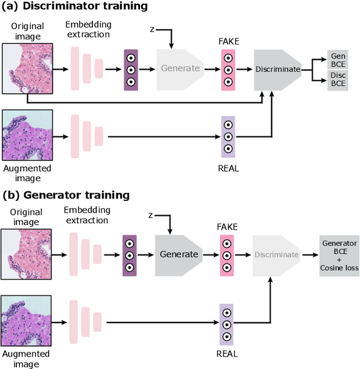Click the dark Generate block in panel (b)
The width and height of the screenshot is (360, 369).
coord(179,254)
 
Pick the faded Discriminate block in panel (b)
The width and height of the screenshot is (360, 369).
coord(276,254)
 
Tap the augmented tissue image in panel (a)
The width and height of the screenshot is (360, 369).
coord(27,136)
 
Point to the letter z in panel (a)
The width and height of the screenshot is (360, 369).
coord(151,28)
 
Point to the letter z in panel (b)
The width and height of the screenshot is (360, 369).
coord(150,215)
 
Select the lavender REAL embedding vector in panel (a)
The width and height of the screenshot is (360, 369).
coord(228,137)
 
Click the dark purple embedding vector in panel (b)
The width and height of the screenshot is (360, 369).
coord(129,254)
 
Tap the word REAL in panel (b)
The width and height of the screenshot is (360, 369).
coord(227,354)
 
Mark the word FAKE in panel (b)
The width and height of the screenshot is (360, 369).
coord(227,227)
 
